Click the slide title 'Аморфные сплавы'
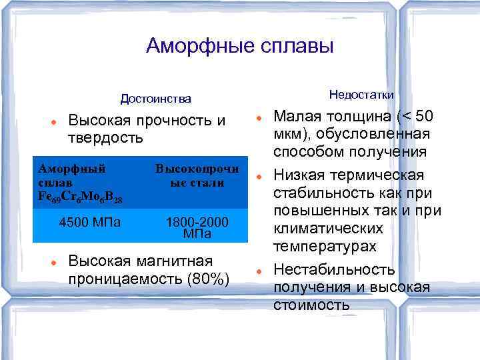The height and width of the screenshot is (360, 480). click(239, 46)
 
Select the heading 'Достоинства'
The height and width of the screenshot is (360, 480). click(155, 99)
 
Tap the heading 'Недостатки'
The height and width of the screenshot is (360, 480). click(361, 94)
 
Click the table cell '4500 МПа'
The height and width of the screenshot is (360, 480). click(90, 222)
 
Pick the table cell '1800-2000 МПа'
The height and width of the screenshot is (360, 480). click(197, 227)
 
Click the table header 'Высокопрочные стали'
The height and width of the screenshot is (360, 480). click(197, 175)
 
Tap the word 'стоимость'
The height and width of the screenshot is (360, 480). click(311, 305)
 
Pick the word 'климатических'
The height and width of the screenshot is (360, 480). click(328, 229)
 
